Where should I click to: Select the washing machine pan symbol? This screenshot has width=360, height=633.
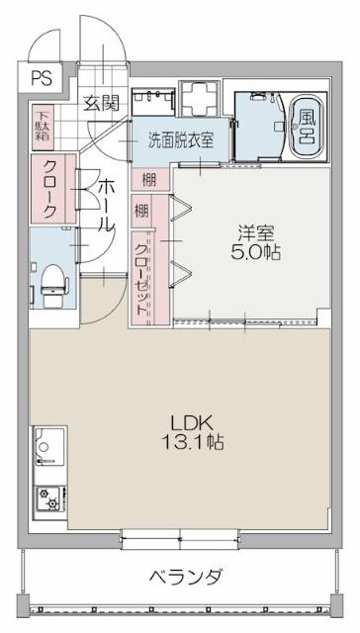(x=205, y=99)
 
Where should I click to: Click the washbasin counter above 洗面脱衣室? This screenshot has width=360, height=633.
(x=154, y=99)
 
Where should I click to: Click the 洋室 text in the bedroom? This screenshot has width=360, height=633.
(x=255, y=232)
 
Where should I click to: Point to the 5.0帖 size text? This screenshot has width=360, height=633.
(x=255, y=252)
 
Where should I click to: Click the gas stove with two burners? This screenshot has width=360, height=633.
(x=46, y=500)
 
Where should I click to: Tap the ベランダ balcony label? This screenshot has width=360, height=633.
(x=185, y=577)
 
